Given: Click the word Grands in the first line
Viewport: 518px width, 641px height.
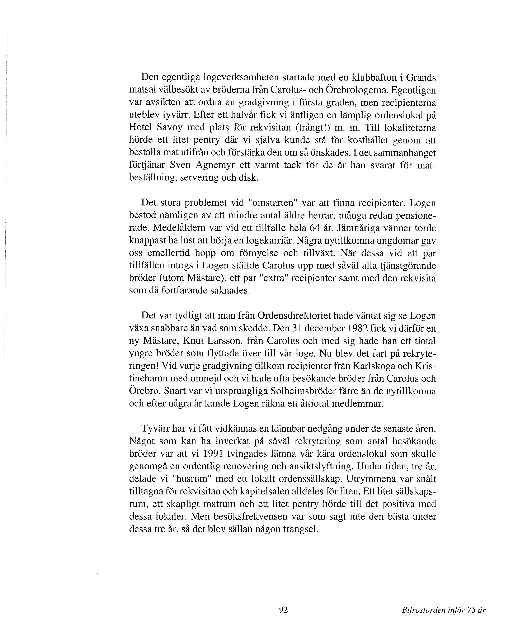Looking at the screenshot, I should pyautogui.click(x=421, y=78).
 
